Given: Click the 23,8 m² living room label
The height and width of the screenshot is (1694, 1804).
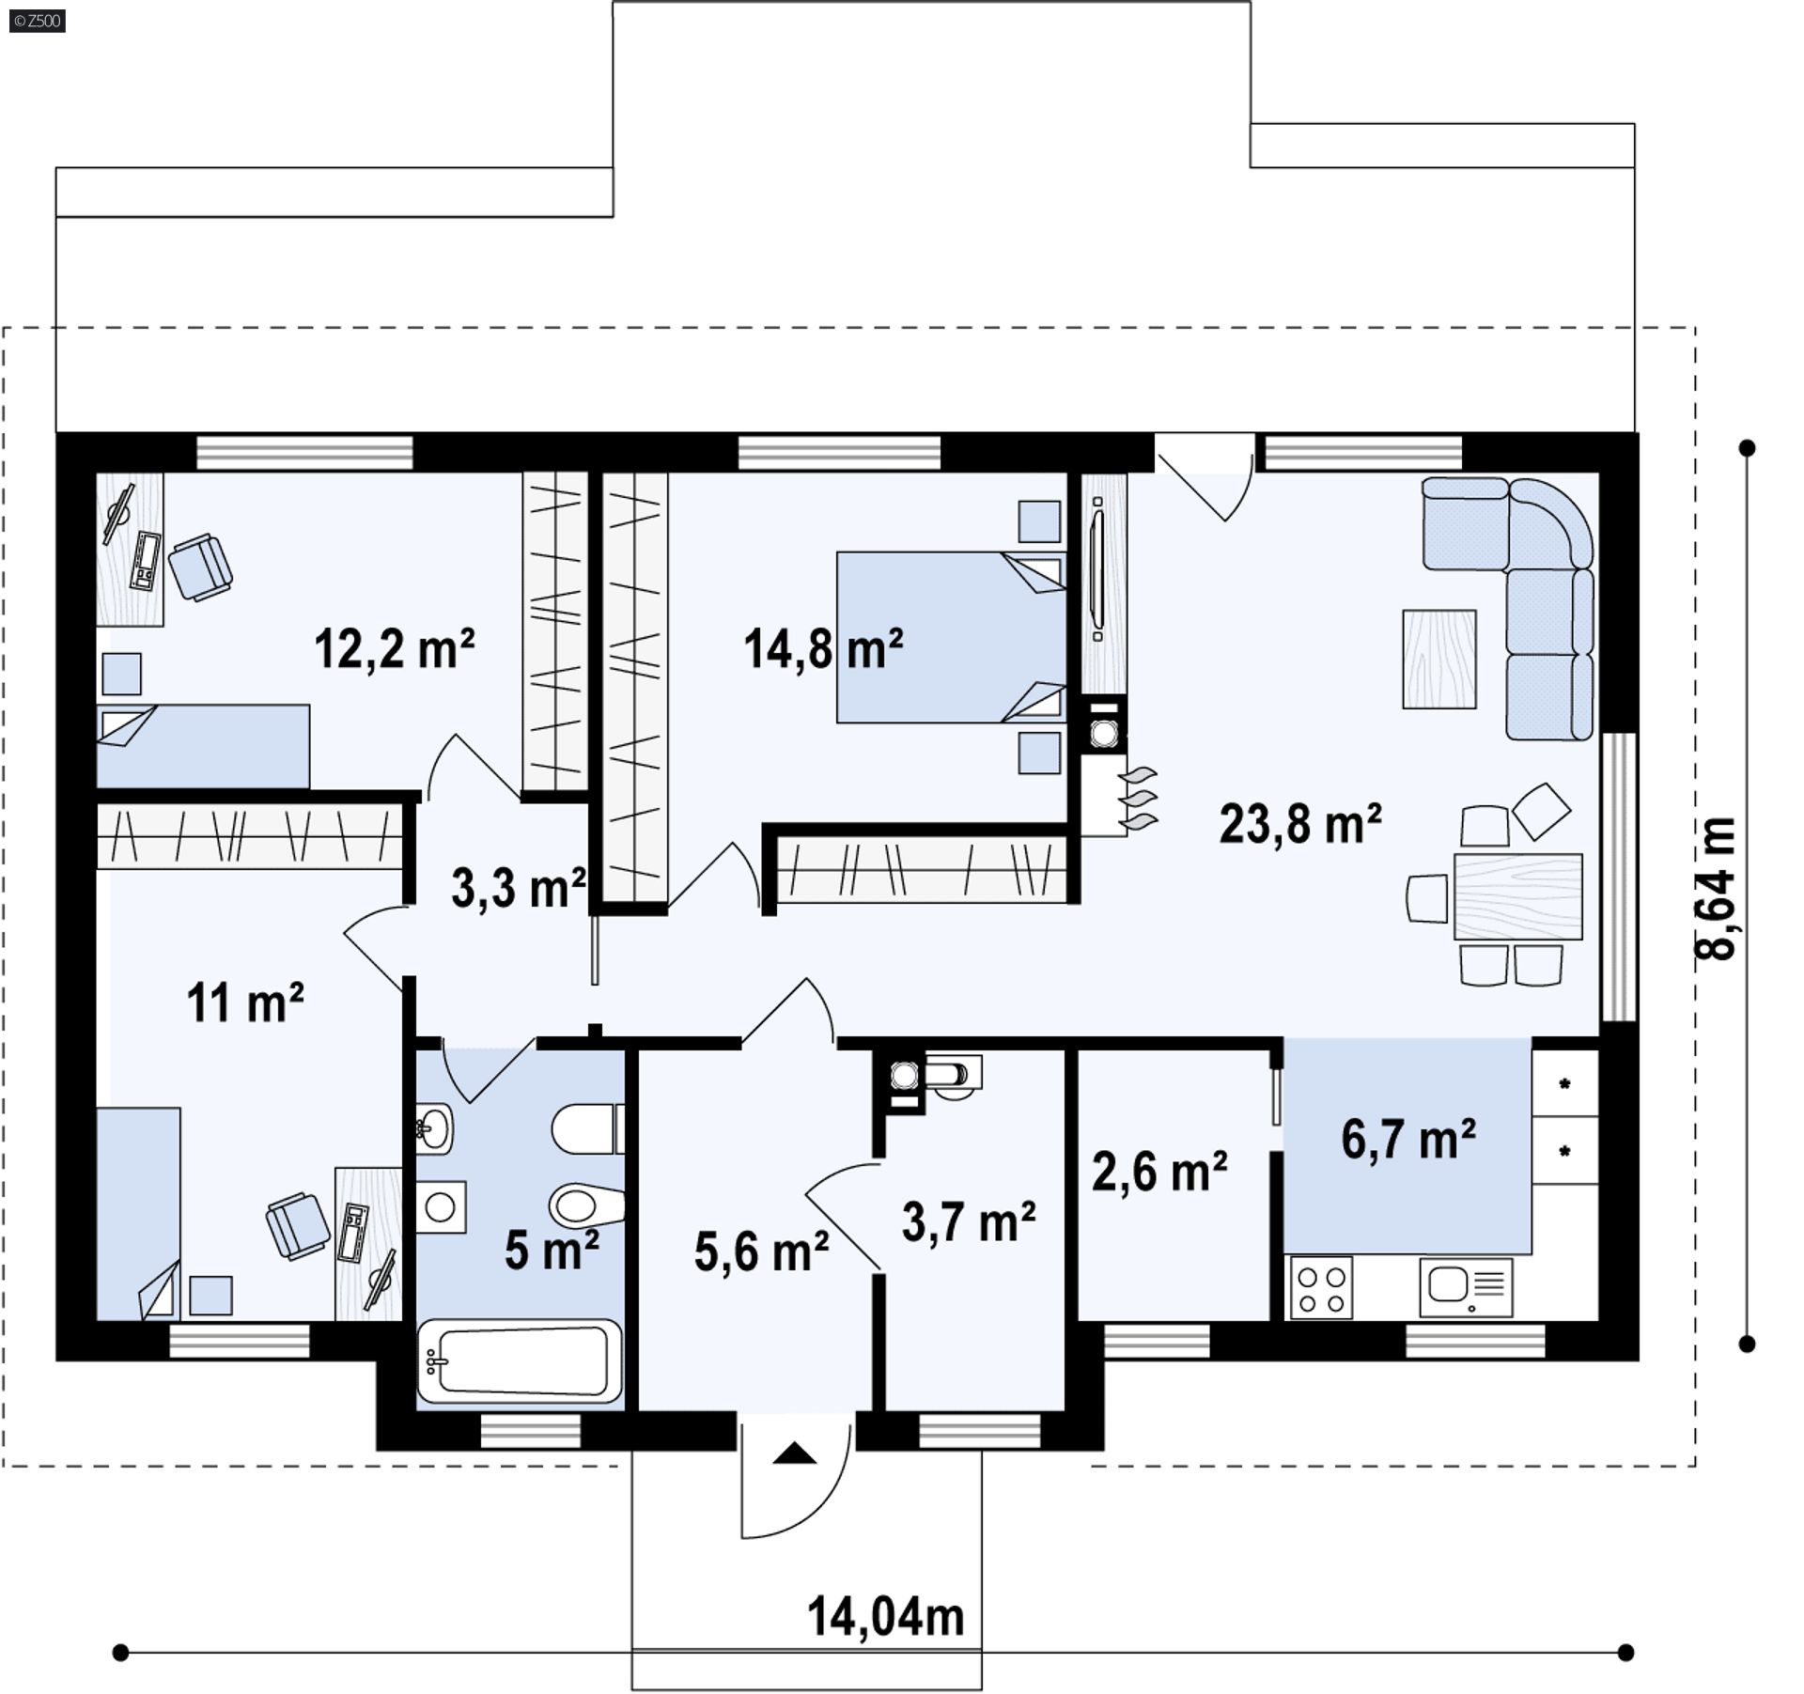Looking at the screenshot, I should click(x=1300, y=825).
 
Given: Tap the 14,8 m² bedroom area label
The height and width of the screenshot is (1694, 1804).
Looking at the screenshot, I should click(x=823, y=649).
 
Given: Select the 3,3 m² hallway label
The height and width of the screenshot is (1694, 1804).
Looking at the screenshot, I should click(x=518, y=888).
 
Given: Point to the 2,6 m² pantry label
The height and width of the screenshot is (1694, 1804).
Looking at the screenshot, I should click(x=1159, y=1173).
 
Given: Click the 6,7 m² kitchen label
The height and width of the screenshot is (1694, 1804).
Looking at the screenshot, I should click(x=1408, y=1140).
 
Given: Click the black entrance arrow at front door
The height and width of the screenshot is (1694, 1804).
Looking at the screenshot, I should click(x=795, y=1453).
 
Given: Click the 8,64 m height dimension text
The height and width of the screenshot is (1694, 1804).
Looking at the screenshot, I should click(x=1718, y=888).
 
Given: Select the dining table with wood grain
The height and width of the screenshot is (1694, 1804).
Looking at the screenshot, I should click(x=1517, y=897).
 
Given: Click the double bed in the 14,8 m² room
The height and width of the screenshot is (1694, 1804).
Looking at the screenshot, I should click(x=949, y=637).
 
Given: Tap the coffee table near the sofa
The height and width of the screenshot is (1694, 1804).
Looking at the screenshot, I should click(x=1439, y=659).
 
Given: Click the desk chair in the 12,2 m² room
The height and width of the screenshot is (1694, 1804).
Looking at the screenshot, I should click(x=200, y=567).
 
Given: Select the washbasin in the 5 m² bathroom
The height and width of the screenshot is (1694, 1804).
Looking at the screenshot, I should click(x=434, y=1127).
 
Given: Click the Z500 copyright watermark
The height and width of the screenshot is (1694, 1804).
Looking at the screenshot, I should click(x=37, y=21).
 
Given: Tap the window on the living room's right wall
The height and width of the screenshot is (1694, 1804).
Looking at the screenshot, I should click(x=1618, y=877).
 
